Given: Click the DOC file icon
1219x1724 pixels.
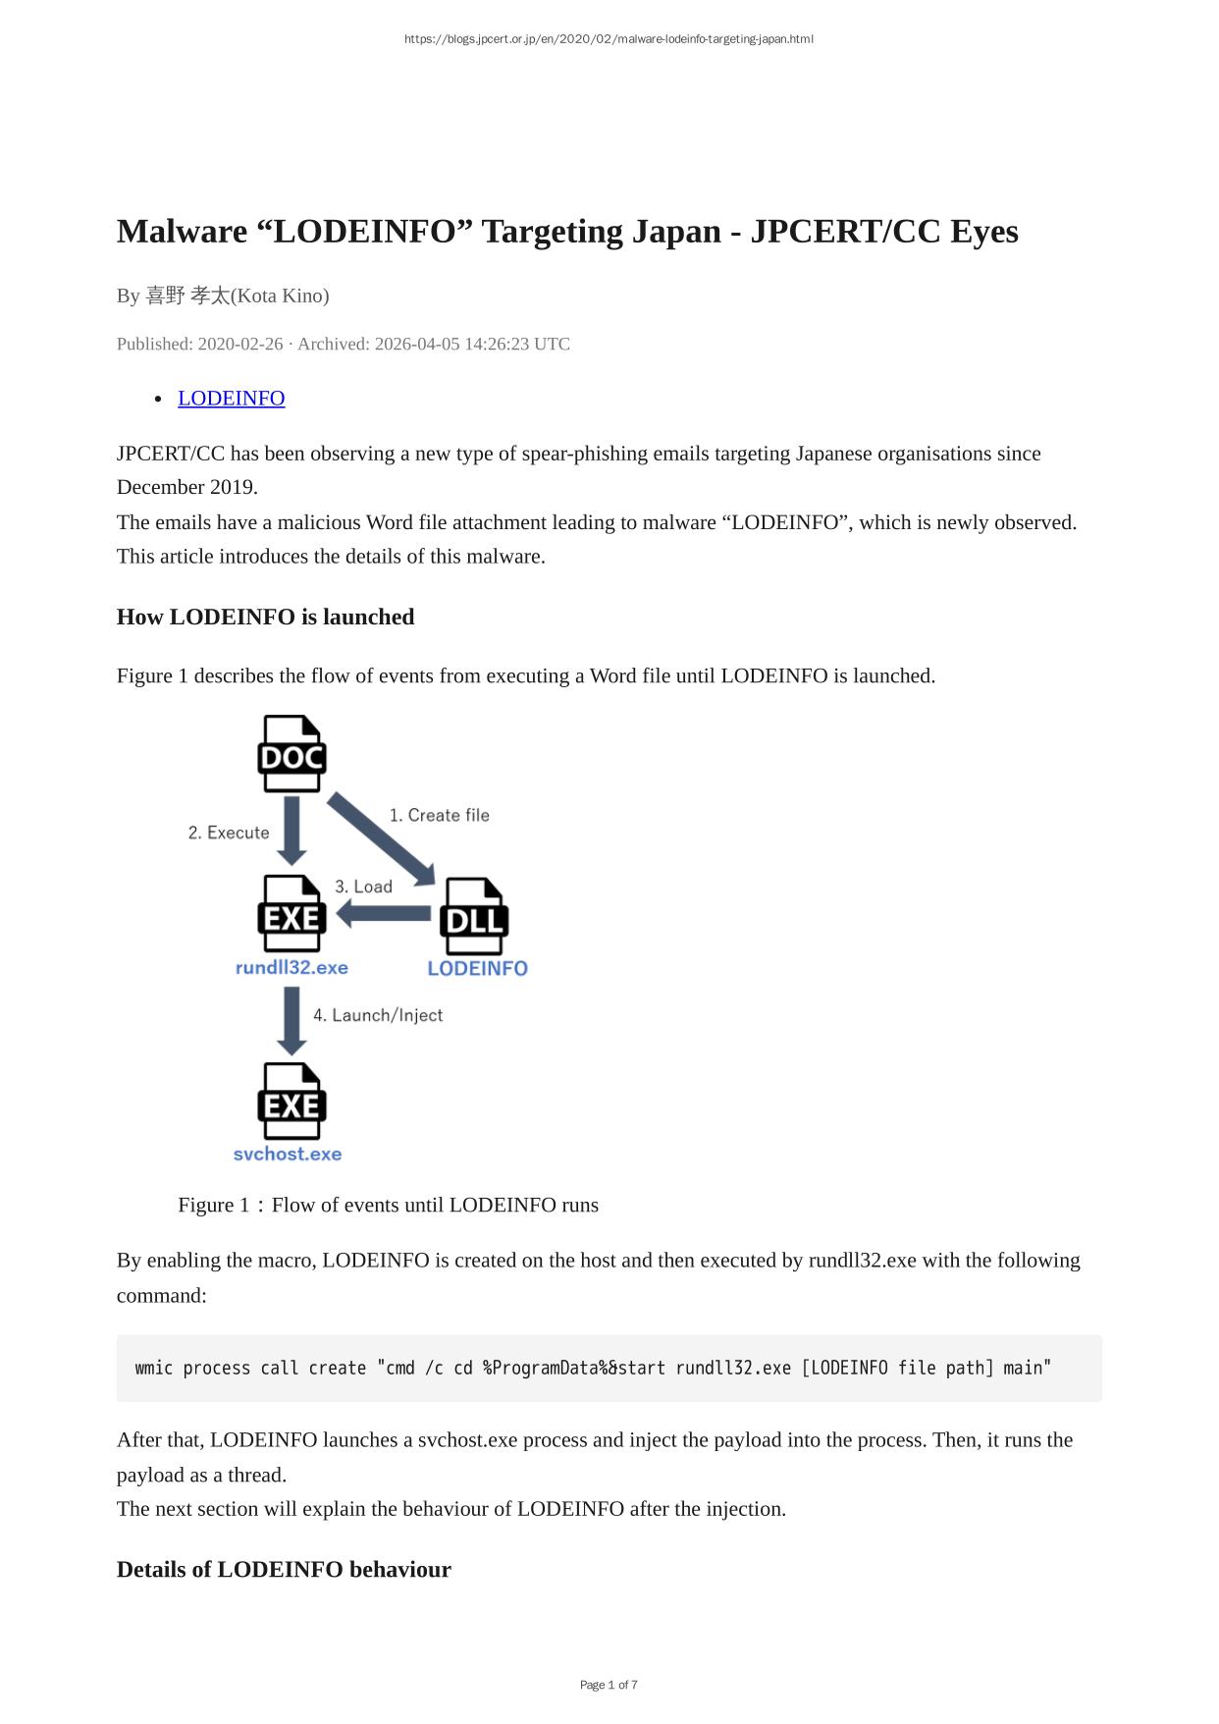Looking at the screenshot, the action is pyautogui.click(x=291, y=754).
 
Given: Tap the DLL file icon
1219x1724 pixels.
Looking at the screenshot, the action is pyautogui.click(x=474, y=917).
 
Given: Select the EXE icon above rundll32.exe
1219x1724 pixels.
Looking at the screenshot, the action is pyautogui.click(x=291, y=914).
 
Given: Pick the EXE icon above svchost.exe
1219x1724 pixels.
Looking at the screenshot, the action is pyautogui.click(x=291, y=1102).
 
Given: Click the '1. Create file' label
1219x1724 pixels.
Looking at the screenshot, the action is pyautogui.click(x=439, y=815).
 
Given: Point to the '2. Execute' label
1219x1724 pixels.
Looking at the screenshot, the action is pyautogui.click(x=229, y=833).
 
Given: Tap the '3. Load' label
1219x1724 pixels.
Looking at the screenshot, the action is pyautogui.click(x=363, y=887).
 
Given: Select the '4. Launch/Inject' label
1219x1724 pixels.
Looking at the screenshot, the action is pyautogui.click(x=378, y=1015).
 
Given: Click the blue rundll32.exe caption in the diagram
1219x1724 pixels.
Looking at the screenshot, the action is pyautogui.click(x=291, y=968).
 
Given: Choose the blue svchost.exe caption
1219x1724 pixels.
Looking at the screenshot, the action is pyautogui.click(x=288, y=1155).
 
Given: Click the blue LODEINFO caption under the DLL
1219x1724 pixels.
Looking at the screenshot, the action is pyautogui.click(x=478, y=969).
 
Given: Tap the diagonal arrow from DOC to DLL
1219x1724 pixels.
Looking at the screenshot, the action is pyautogui.click(x=382, y=839).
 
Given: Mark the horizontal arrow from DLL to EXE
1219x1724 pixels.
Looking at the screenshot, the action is pyautogui.click(x=384, y=914).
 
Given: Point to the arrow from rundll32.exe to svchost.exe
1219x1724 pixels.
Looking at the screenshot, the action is pyautogui.click(x=291, y=1021).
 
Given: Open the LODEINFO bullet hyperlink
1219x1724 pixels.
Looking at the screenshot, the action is pyautogui.click(x=232, y=398).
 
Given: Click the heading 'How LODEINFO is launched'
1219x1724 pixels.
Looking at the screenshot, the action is pyautogui.click(x=266, y=617).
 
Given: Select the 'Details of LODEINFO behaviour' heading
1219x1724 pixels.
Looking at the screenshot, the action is pyautogui.click(x=284, y=1569).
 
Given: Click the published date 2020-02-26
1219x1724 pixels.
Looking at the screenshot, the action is pyautogui.click(x=240, y=344).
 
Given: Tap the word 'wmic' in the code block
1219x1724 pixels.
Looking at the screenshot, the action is pyautogui.click(x=154, y=1368).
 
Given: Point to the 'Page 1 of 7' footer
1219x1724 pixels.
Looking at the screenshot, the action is pyautogui.click(x=609, y=1685).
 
